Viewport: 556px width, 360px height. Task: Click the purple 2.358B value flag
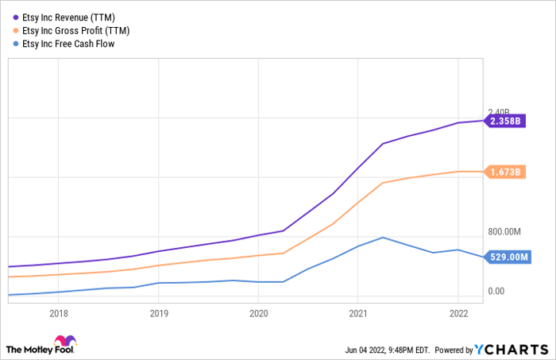[x=505, y=122]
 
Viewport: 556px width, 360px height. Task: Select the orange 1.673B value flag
[x=505, y=172]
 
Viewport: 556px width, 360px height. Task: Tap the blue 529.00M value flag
[x=505, y=257]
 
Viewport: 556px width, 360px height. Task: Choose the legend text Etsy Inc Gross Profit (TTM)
[x=85, y=31]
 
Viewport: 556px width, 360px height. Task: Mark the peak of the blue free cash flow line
[x=383, y=237]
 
